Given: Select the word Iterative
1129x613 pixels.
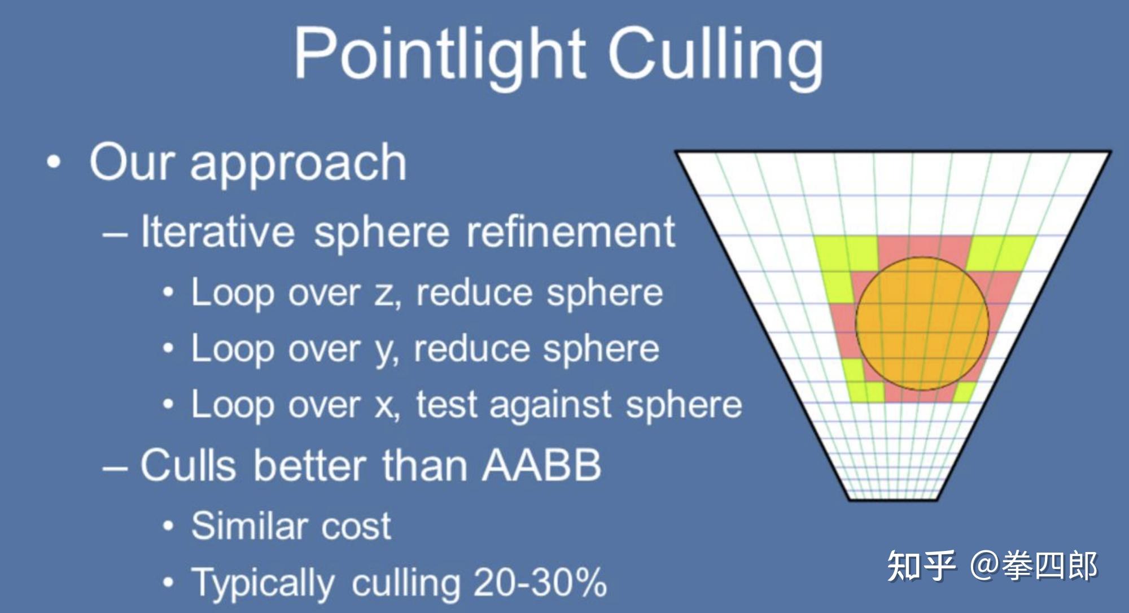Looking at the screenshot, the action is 218,231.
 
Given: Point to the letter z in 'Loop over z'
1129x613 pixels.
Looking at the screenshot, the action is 386,294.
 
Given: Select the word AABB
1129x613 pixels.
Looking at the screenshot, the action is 541,465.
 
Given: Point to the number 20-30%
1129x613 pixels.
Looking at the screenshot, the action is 540,582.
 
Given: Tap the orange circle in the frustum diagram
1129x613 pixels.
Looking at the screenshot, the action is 922,323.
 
